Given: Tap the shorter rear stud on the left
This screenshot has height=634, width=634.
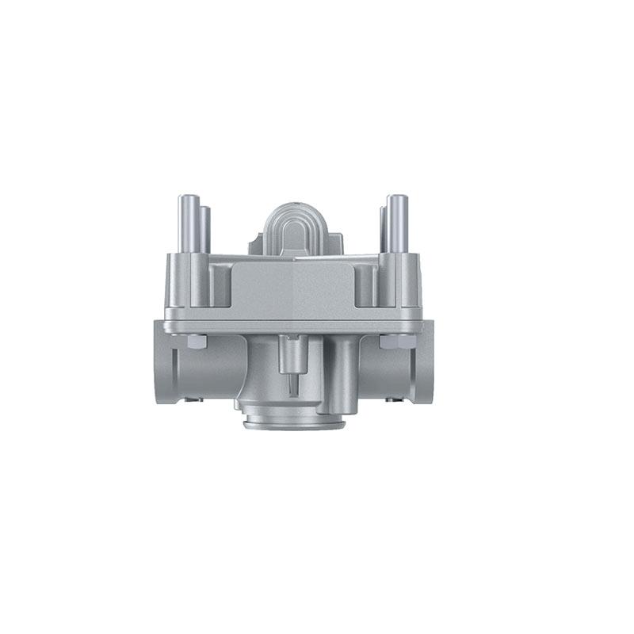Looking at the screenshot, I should coord(205,230).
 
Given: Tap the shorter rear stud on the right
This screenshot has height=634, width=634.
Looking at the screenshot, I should coord(383,230).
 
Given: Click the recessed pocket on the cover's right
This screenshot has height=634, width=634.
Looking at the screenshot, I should coord(366,285).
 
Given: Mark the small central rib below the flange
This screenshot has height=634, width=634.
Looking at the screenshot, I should coord(292,365).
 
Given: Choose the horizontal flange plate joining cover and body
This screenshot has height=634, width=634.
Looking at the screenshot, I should coord(293,323).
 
